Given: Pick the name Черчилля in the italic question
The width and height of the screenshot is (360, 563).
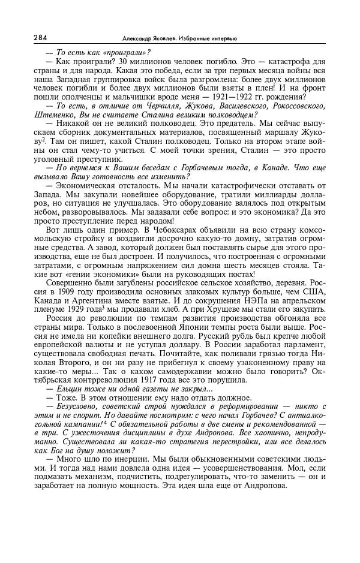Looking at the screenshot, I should [x=143, y=106].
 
